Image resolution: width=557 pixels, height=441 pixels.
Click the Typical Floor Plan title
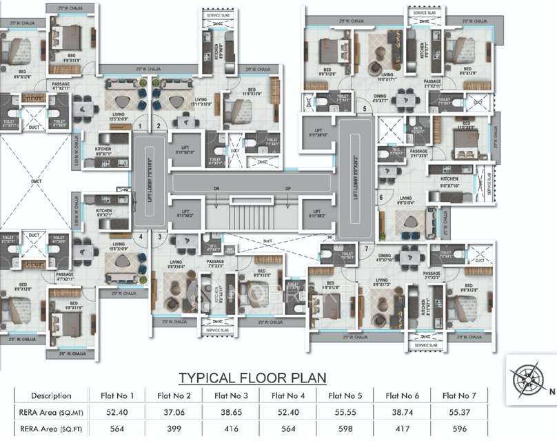252,378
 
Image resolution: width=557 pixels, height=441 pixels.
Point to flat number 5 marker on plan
364,108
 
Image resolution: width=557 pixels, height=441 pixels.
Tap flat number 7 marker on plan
367,248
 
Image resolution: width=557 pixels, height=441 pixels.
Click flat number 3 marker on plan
159,236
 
